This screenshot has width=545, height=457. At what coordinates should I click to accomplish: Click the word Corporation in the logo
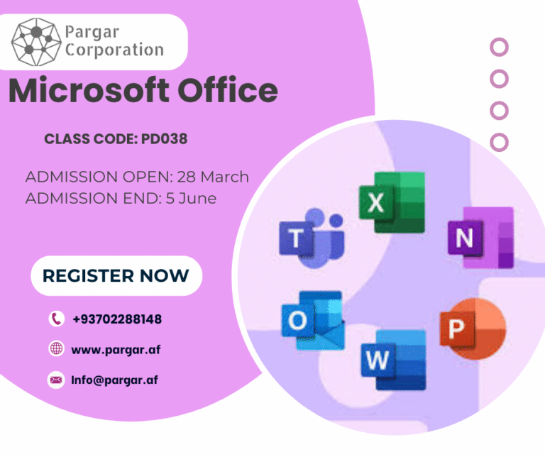click(x=114, y=50)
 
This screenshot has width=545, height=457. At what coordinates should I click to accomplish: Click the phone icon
click(x=56, y=319)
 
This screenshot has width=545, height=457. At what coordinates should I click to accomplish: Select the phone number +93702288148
click(x=116, y=319)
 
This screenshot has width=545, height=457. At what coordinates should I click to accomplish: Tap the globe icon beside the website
click(x=56, y=349)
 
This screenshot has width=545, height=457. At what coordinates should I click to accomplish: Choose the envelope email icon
click(x=56, y=380)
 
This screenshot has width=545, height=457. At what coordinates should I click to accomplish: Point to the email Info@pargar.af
click(x=114, y=380)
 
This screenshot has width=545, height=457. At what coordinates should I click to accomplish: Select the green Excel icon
click(x=391, y=203)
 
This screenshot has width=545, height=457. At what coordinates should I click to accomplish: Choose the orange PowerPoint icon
click(x=471, y=329)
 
